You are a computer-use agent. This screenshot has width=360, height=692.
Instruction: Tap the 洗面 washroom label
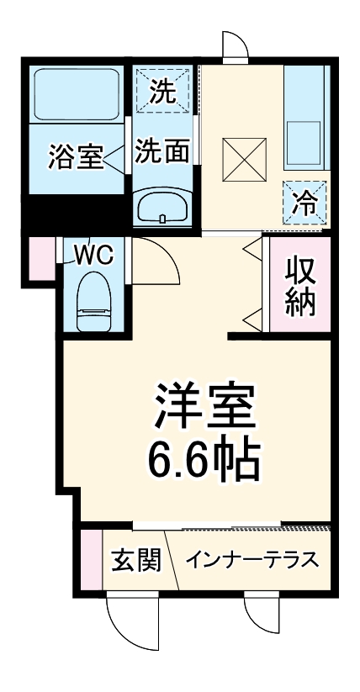[162, 151]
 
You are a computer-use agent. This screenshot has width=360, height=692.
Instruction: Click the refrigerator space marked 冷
[304, 202]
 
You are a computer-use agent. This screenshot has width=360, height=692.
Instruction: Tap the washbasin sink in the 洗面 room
[163, 205]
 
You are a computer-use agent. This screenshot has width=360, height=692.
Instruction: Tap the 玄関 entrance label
[135, 560]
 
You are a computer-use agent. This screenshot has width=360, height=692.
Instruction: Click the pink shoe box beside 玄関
[91, 560]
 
